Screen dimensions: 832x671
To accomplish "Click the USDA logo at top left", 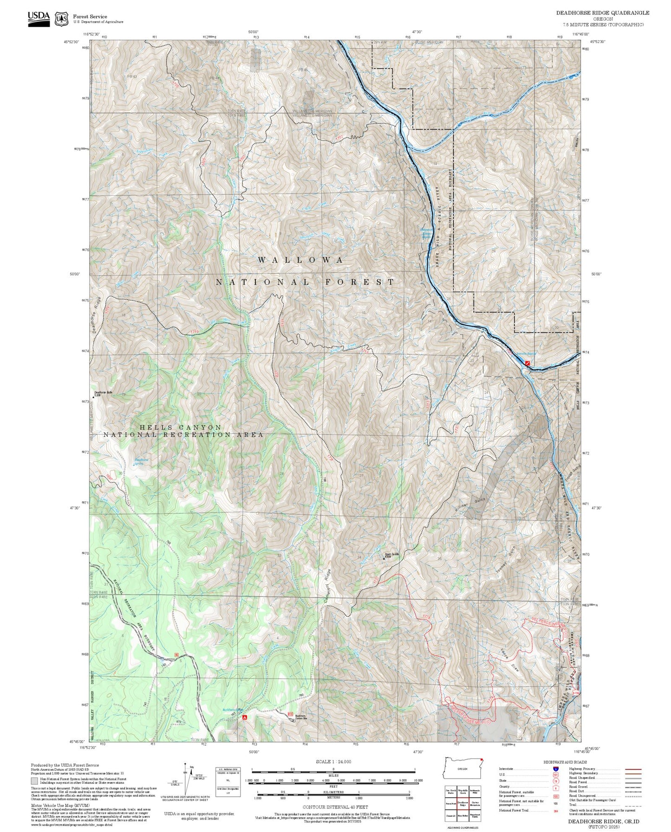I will pyautogui.click(x=39, y=18).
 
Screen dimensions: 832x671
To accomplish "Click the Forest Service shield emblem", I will pyautogui.click(x=61, y=19).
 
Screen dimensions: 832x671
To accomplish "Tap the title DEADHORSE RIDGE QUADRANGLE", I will pyautogui.click(x=603, y=13).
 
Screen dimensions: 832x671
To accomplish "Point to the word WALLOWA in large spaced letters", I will pyautogui.click(x=300, y=260).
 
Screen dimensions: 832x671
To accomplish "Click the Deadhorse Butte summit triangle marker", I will pyautogui.click(x=93, y=397).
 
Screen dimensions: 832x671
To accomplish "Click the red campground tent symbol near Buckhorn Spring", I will pyautogui.click(x=244, y=717).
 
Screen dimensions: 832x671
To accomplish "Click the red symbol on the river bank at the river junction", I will pyautogui.click(x=527, y=360).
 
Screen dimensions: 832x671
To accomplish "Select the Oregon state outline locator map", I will pyautogui.click(x=463, y=769).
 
